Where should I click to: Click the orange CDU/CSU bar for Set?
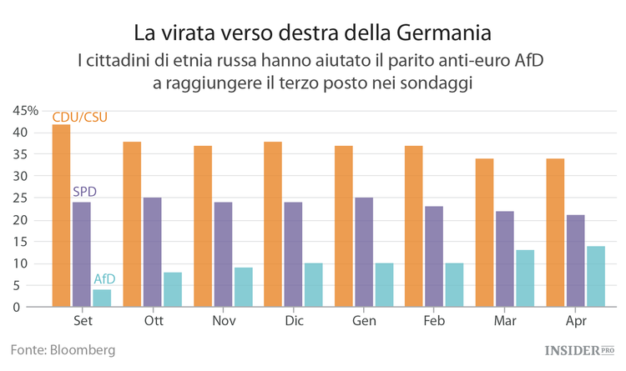(x=61, y=217)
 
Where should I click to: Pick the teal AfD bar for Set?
(x=101, y=298)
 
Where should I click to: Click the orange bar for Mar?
(x=485, y=233)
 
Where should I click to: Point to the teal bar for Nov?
(x=243, y=287)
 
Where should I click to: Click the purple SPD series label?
(x=84, y=192)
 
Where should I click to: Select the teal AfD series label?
(x=104, y=278)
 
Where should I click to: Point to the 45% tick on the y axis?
(x=25, y=111)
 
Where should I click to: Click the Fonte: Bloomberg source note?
(x=63, y=349)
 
